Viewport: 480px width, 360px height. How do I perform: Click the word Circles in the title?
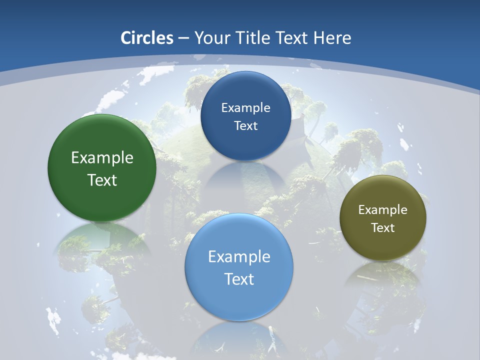coord(146,38)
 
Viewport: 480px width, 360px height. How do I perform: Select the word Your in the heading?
coord(209,38)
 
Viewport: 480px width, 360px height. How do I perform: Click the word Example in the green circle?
coord(102,158)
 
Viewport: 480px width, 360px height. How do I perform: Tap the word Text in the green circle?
coord(102,180)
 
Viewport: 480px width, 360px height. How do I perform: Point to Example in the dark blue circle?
coord(245,107)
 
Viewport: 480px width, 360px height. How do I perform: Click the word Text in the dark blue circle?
coord(245,125)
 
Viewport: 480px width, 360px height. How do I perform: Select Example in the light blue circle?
coord(239,257)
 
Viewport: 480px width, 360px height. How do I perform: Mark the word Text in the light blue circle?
coord(239,279)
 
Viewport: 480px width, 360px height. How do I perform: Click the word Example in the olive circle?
coord(383,209)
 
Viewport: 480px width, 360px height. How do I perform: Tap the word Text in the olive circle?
coord(383,227)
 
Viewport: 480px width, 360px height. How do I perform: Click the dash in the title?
coord(183,38)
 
